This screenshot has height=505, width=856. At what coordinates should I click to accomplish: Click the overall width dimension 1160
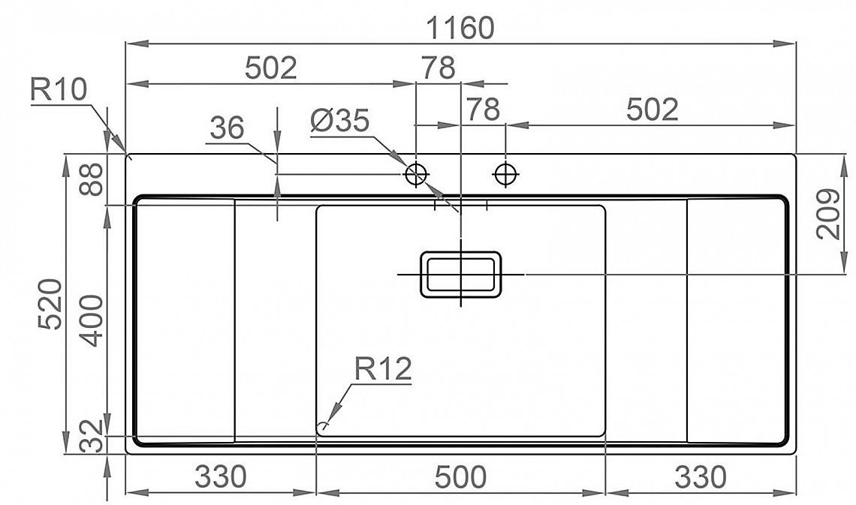pos(460,28)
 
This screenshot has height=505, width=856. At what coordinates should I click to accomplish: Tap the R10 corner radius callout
pos(59,90)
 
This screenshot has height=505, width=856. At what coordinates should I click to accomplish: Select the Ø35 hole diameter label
pos(339,121)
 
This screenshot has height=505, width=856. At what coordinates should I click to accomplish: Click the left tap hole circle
pos(416,175)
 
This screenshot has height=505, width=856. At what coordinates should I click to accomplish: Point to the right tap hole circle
pos(505,175)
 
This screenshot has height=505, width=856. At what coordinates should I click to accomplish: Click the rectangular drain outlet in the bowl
pos(461,275)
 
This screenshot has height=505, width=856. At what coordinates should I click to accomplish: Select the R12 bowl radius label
pos(383,369)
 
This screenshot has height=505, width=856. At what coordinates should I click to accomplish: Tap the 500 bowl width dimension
pos(460,477)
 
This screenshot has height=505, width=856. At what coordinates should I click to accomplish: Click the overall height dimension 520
pos(50,304)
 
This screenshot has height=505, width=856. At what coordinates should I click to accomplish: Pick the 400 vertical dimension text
pos(91,320)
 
